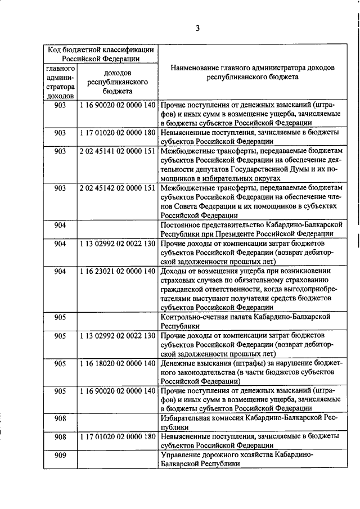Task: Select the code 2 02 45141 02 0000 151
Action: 117,152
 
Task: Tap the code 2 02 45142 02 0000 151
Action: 117,188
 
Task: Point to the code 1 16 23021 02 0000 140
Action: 117,271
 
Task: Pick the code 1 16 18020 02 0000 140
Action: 117,363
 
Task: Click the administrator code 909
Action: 60,456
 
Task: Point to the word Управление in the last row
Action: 179,456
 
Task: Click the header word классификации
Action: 121,49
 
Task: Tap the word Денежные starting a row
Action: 178,363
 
